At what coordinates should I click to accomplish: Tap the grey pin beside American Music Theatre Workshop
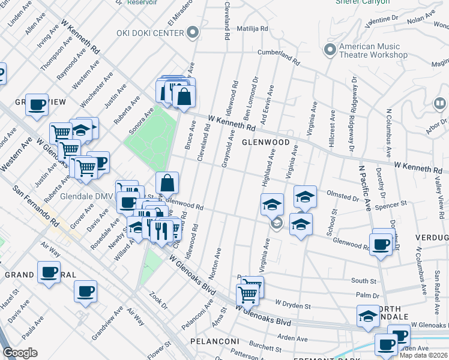(x=329, y=50)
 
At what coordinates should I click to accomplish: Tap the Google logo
(x=20, y=353)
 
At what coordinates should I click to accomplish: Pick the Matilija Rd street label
(x=253, y=28)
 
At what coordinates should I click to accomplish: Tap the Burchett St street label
(x=267, y=346)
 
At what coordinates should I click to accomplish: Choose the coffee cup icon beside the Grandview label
(x=37, y=105)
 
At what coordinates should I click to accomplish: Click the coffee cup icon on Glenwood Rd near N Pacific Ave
(x=380, y=243)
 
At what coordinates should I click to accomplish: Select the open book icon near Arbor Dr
(x=440, y=104)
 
